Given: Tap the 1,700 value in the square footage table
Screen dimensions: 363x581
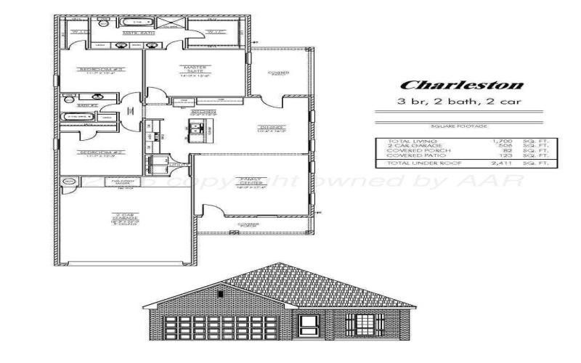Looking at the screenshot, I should [503, 141].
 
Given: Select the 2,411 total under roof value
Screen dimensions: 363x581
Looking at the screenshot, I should [502, 165].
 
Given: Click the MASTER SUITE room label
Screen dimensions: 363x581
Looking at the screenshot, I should [194, 69].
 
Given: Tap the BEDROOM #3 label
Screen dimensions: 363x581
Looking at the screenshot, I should [92, 70].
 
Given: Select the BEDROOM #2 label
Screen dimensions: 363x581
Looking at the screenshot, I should [92, 152].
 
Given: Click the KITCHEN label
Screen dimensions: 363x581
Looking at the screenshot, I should [203, 112].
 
